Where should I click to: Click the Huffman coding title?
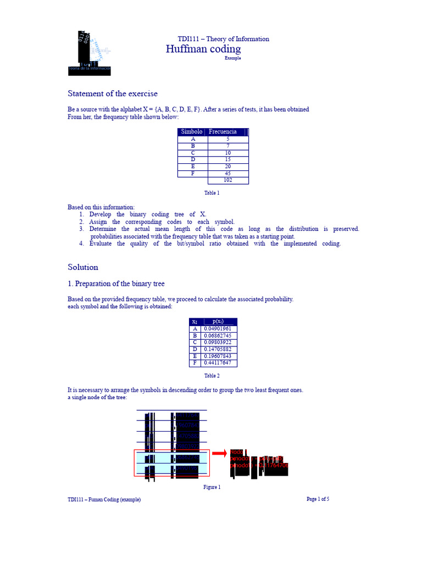pyautogui.click(x=203, y=49)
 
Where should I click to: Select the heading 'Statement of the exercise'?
pyautogui.click(x=113, y=93)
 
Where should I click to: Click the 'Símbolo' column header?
pyautogui.click(x=192, y=132)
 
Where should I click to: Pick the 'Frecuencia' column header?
pyautogui.click(x=223, y=132)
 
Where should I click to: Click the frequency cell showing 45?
pyautogui.click(x=228, y=174)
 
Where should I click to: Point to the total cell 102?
pyautogui.click(x=228, y=180)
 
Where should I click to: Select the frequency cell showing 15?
pyautogui.click(x=228, y=160)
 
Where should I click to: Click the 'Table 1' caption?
pyautogui.click(x=212, y=193)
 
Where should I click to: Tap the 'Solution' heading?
pyautogui.click(x=83, y=267)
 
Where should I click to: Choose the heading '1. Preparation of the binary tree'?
pyautogui.click(x=116, y=284)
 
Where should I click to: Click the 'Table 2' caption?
pyautogui.click(x=212, y=376)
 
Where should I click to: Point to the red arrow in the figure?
pyautogui.click(x=219, y=453)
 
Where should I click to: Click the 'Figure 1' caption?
pyautogui.click(x=212, y=487)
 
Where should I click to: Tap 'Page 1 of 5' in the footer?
pyautogui.click(x=318, y=499)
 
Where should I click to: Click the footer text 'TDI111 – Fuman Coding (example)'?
pyautogui.click(x=104, y=500)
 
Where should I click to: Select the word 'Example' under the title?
pyautogui.click(x=233, y=58)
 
